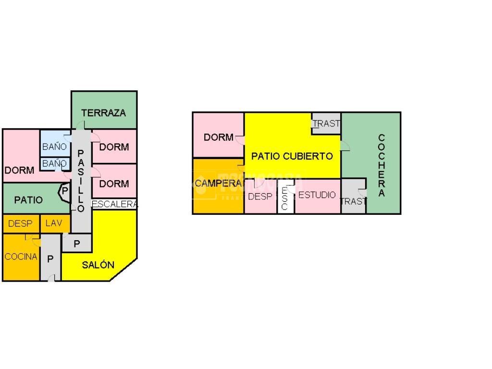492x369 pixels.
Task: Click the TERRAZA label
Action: click(x=103, y=113)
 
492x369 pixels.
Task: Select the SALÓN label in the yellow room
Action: click(x=98, y=265)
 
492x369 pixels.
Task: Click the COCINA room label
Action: click(x=21, y=257)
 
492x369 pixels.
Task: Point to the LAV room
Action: click(x=54, y=223)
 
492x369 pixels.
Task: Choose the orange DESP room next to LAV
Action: click(x=20, y=223)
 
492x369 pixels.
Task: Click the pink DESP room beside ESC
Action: click(x=260, y=196)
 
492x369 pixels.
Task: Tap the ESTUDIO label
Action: click(x=317, y=195)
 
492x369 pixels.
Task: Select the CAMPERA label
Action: click(x=218, y=183)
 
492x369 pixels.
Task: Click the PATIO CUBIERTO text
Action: click(x=292, y=156)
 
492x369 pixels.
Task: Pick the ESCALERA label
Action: click(x=114, y=204)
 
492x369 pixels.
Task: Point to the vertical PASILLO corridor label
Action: click(x=81, y=180)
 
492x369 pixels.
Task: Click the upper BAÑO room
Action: click(x=54, y=147)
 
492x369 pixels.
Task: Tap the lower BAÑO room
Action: click(x=54, y=164)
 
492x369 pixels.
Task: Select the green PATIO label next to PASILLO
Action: click(x=28, y=200)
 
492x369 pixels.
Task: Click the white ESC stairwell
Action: click(x=284, y=197)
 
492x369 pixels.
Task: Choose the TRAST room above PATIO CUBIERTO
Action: click(x=326, y=123)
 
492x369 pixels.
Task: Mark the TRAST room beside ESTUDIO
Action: click(x=353, y=200)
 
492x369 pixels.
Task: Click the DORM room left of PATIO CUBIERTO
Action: click(x=218, y=137)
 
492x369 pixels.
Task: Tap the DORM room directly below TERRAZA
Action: click(x=114, y=147)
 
